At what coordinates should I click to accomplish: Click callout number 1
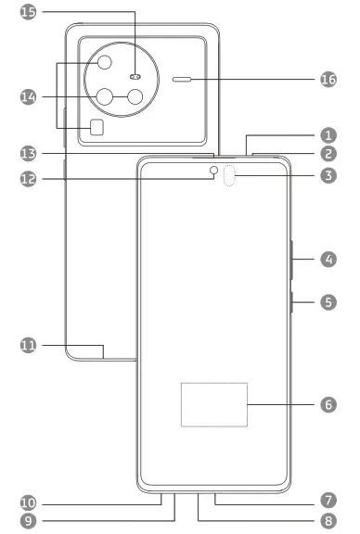[x=328, y=134]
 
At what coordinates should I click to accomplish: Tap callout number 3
[x=328, y=173]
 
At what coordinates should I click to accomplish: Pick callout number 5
[x=328, y=302]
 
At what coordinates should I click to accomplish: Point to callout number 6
[x=328, y=405]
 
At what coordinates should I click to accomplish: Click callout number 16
[x=328, y=81]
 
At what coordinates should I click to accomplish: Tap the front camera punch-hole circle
[x=213, y=171]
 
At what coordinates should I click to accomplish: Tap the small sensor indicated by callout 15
[x=135, y=77]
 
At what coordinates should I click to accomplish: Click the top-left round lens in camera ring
[x=104, y=63]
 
